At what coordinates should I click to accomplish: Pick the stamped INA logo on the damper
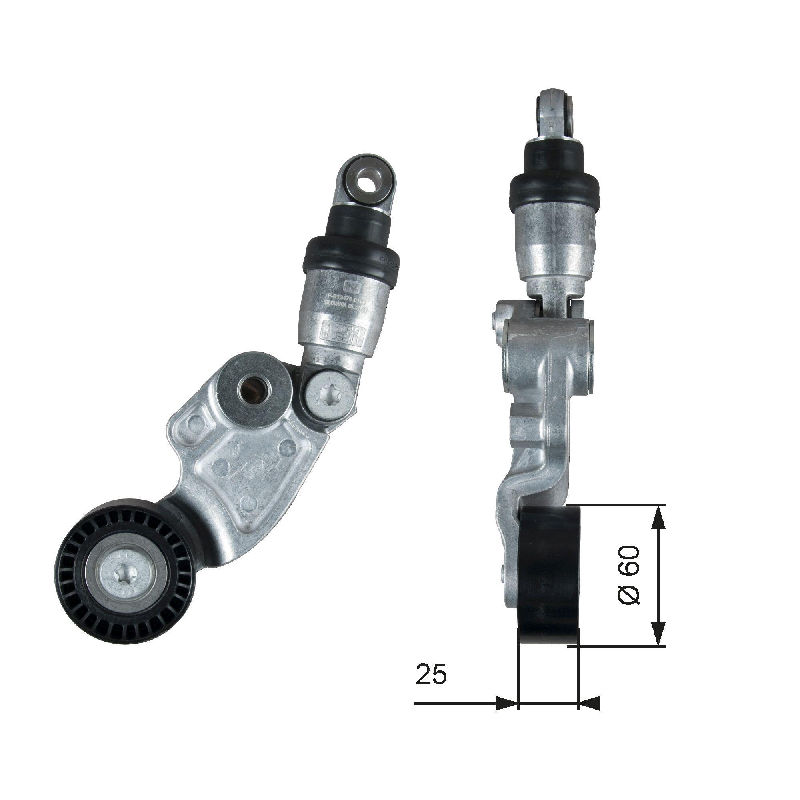coord(350,286)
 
